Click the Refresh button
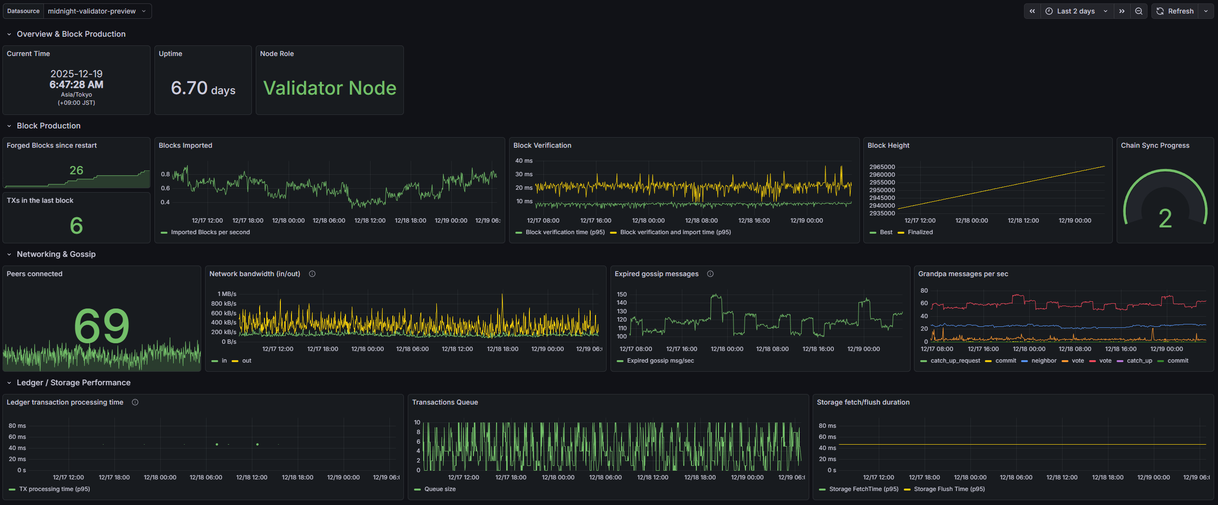(x=1175, y=11)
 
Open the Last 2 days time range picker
(x=1076, y=11)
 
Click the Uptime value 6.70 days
(x=203, y=88)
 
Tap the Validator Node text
(x=330, y=88)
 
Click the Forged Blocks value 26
(x=76, y=170)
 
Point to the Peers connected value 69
(x=102, y=326)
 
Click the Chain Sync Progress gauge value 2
(x=1165, y=219)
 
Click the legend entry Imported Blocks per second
(x=210, y=232)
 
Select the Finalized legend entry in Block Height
(x=920, y=232)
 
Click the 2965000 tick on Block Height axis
(x=882, y=167)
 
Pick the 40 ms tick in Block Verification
(x=524, y=161)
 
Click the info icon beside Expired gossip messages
(x=710, y=274)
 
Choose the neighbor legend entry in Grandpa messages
(x=1043, y=361)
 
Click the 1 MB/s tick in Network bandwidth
(x=227, y=294)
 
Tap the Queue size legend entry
(x=440, y=489)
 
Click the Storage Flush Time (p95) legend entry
(x=949, y=489)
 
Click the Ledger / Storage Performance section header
(x=73, y=382)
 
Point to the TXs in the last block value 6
(x=76, y=225)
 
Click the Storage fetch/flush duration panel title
(x=863, y=402)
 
